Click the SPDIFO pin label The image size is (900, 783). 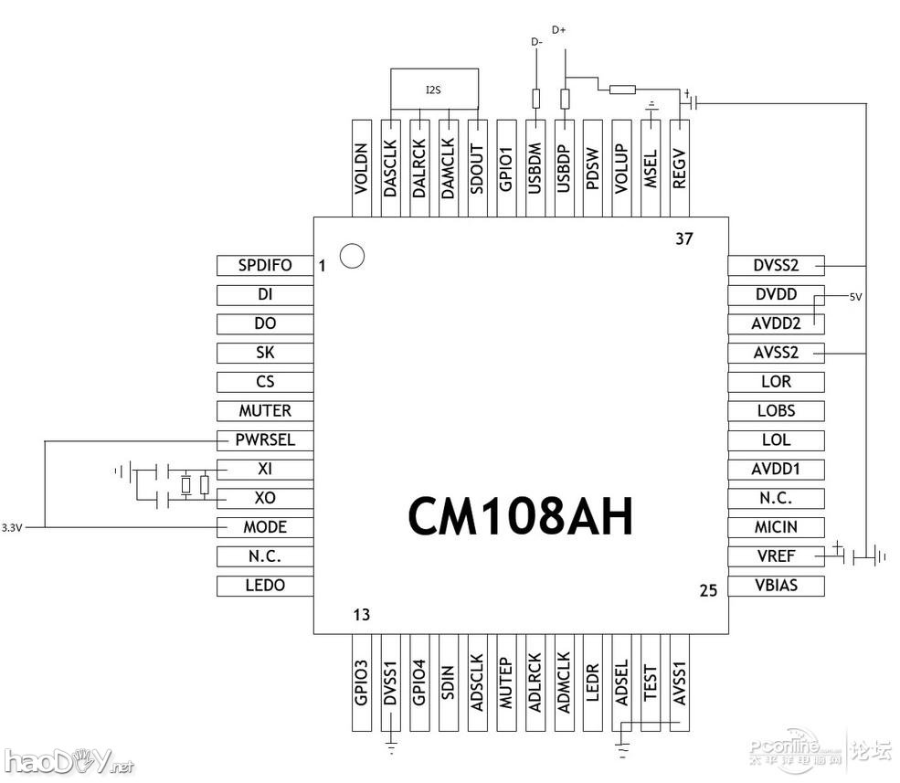[265, 266]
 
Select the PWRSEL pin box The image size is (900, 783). [265, 439]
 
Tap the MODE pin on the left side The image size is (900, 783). [265, 527]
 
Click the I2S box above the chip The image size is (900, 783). [433, 90]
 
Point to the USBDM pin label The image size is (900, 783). [535, 167]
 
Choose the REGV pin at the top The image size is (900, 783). [679, 167]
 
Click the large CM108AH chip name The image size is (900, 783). [520, 516]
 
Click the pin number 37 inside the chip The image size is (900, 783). [684, 239]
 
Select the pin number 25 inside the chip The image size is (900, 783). [708, 590]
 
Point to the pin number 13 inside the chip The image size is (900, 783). [362, 615]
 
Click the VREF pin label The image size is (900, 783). [776, 556]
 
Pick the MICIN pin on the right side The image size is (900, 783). [776, 527]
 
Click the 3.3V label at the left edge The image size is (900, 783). [13, 528]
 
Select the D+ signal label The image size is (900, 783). [559, 31]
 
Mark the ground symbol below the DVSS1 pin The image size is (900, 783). [391, 748]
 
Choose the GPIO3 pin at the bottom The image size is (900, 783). [362, 683]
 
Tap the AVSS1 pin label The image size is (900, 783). [679, 683]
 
